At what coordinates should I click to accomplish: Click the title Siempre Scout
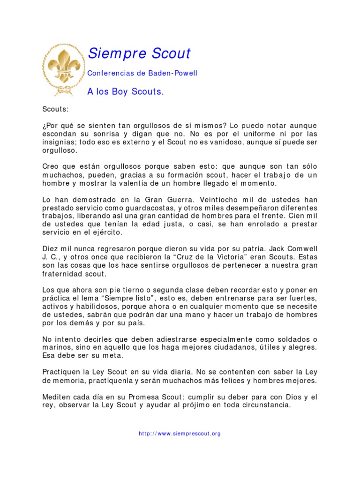139,54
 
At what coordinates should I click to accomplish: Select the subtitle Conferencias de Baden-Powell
142,74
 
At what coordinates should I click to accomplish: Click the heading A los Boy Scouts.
126,92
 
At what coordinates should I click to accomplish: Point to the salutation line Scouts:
55,109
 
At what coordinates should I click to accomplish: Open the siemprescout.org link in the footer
180,434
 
